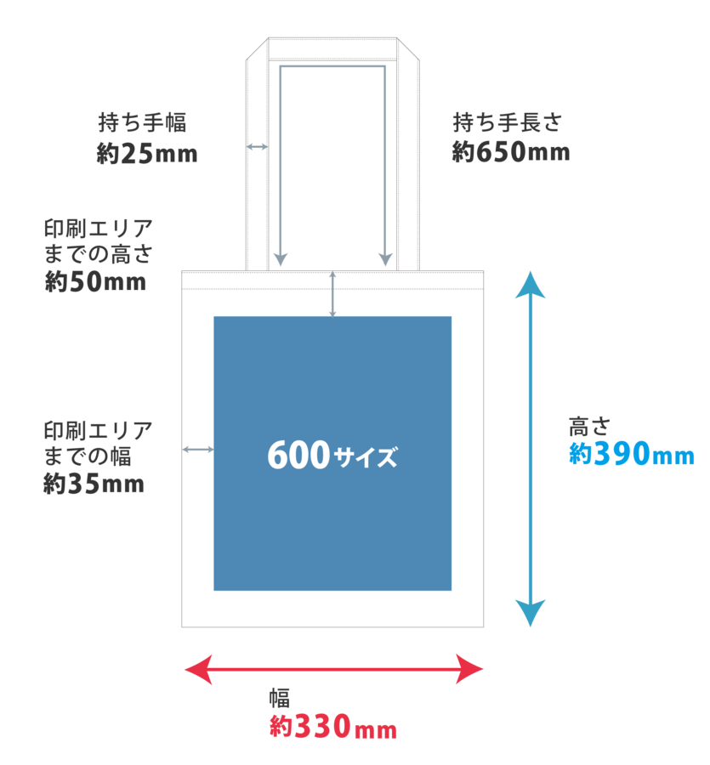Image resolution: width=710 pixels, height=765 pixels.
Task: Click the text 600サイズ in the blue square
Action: (332, 456)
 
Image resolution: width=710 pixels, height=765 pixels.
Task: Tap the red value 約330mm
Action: (332, 728)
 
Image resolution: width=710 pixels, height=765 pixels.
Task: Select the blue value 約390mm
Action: (631, 455)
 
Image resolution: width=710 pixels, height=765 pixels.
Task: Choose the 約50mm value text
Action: (94, 282)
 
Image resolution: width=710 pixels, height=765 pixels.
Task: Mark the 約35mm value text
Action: (94, 484)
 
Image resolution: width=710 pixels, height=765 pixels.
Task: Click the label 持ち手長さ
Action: (507, 123)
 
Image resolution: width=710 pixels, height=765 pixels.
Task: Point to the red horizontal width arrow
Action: (333, 669)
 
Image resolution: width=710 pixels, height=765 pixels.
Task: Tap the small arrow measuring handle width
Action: (257, 147)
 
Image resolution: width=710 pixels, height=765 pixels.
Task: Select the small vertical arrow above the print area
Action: (332, 294)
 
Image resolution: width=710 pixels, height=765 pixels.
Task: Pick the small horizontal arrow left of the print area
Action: (197, 449)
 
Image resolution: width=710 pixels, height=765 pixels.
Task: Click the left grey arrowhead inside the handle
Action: (281, 257)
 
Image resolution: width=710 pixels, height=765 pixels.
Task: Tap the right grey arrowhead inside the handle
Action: (386, 257)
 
